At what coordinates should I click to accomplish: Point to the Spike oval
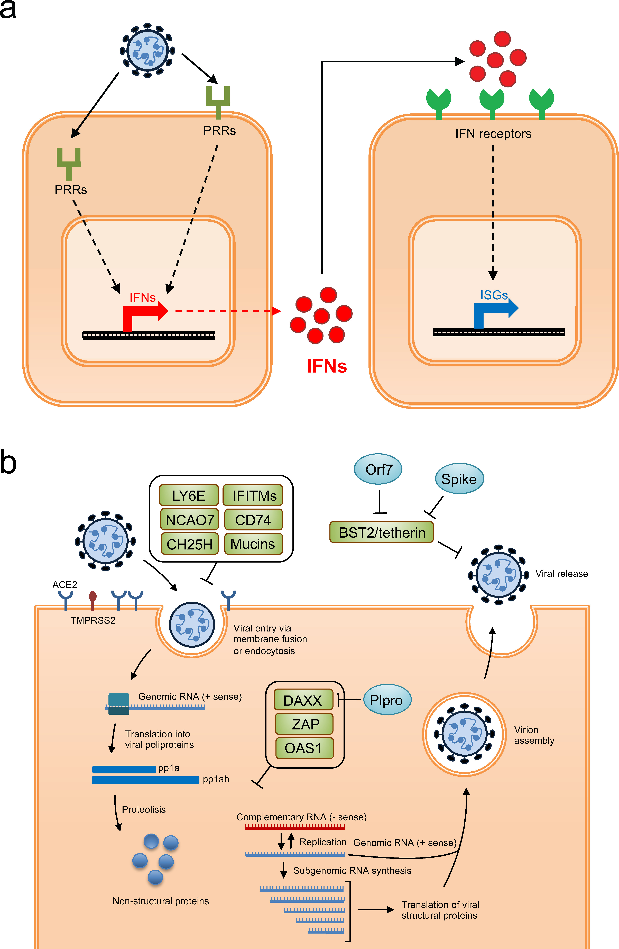pos(459,479)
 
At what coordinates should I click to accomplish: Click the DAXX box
pos(303,700)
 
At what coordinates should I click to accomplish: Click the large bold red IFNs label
pos(327,366)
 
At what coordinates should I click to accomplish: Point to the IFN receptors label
pos(493,134)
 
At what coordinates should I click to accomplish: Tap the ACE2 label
pos(64,585)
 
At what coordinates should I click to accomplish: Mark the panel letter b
pos(9,463)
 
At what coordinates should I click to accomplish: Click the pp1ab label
pos(216,779)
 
